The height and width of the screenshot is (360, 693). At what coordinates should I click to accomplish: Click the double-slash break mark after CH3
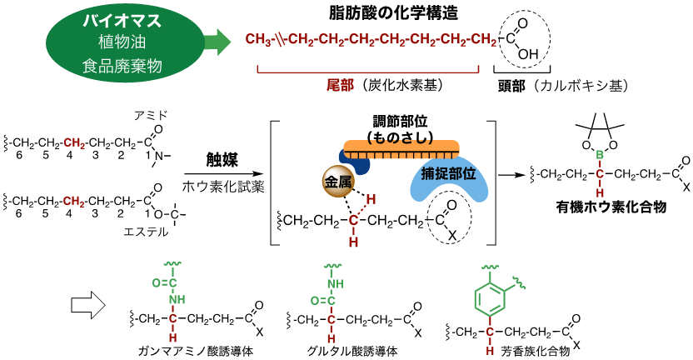pos(281,40)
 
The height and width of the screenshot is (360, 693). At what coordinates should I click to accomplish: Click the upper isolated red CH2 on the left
pos(74,143)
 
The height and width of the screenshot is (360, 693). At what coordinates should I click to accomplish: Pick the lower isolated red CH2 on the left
pos(74,202)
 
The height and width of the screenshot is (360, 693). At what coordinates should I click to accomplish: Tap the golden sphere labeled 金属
pos(338,181)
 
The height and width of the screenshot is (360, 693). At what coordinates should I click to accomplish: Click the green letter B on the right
pos(600,155)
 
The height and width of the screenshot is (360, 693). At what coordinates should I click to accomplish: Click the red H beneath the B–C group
pos(600,193)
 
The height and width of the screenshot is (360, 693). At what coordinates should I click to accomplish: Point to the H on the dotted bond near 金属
pos(371,200)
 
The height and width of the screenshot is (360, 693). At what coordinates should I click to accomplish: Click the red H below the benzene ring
pos(491,351)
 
